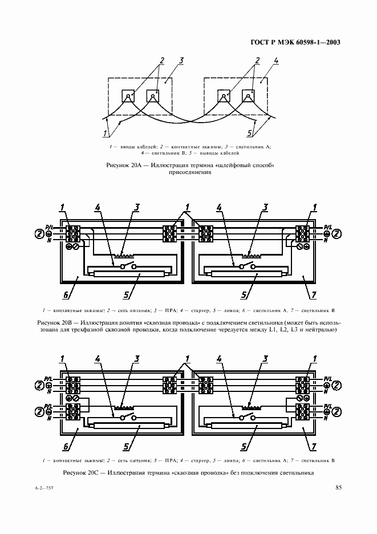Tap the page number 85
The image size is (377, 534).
tap(338, 487)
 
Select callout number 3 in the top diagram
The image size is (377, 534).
tap(181, 60)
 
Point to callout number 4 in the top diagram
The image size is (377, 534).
tap(276, 60)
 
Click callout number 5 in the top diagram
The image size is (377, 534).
tap(250, 133)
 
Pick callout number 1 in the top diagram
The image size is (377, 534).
tap(105, 133)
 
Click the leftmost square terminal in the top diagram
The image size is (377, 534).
tap(128, 96)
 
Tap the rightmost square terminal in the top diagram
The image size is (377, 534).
tap(248, 96)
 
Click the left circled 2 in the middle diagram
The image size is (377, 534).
tap(40, 234)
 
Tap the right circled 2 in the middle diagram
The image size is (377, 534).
tap(337, 234)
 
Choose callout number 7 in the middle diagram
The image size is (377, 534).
tap(313, 295)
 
